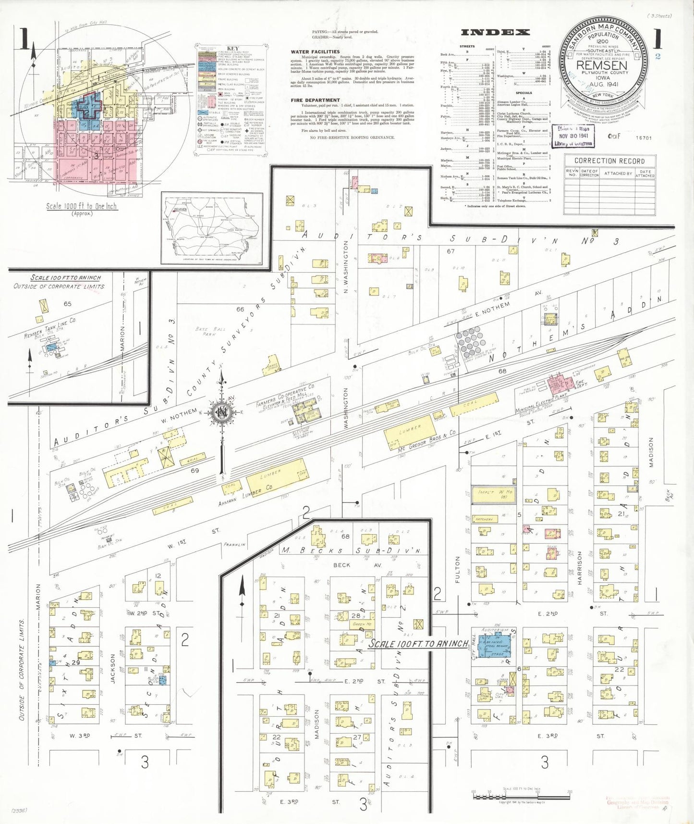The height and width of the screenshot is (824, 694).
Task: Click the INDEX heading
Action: [x=495, y=33]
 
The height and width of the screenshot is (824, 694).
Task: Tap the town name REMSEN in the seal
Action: [x=601, y=65]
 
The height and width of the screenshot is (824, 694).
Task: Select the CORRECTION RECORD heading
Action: [x=609, y=161]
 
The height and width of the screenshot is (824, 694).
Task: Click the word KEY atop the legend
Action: [x=232, y=49]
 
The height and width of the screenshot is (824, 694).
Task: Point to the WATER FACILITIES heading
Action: [x=315, y=51]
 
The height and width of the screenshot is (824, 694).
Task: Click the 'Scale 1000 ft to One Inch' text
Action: [x=81, y=206]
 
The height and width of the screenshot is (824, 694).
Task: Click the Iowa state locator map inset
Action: [x=212, y=228]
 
